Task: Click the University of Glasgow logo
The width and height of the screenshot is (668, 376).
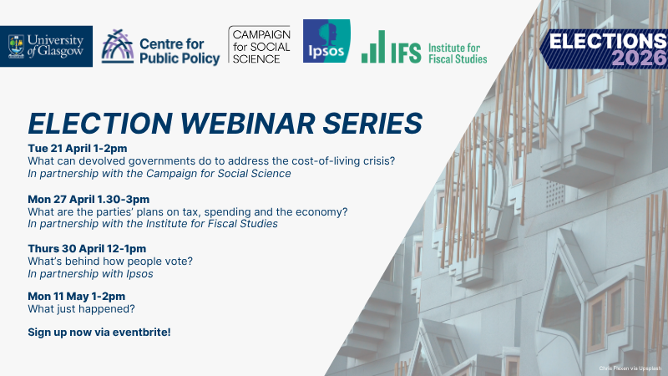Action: point(46,47)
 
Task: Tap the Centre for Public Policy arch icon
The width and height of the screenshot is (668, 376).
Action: point(118,47)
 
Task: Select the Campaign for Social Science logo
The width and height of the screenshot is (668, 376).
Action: point(259,45)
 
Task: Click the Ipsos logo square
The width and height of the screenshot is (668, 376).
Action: point(326,41)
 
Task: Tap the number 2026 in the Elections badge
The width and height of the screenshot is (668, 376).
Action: point(637,58)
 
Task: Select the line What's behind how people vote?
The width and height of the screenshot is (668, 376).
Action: point(110,262)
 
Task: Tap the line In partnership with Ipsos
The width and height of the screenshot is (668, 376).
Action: point(90,274)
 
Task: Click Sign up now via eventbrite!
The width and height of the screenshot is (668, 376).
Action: point(99,333)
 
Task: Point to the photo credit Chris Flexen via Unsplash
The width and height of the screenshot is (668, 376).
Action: point(630,368)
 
